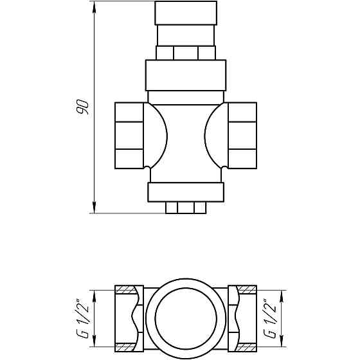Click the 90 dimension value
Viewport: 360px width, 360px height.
[x=82, y=107]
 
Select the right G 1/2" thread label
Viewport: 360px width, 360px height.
[x=270, y=318]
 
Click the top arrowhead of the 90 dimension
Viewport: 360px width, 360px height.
[x=94, y=7]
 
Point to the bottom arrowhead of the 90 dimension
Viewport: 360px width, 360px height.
[x=94, y=208]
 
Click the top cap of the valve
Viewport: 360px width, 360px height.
[x=186, y=13]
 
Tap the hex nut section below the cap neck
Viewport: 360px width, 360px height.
[x=186, y=53]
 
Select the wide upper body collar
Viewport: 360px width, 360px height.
[x=186, y=75]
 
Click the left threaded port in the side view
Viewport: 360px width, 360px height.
[x=129, y=136]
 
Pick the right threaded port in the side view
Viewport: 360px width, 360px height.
[x=242, y=136]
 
